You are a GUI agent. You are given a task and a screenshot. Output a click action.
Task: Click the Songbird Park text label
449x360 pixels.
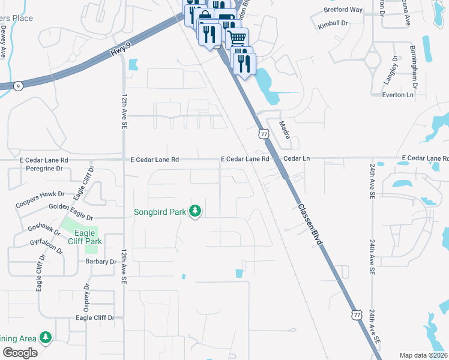160,211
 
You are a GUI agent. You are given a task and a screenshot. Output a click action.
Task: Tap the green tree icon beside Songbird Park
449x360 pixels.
194,211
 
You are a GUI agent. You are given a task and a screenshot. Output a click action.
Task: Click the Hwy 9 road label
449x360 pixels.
120,53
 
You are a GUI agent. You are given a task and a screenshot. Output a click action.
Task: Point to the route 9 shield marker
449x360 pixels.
19,86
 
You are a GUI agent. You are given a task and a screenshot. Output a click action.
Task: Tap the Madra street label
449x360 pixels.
285,130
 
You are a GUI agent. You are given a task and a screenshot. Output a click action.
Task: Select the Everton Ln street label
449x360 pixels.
399,95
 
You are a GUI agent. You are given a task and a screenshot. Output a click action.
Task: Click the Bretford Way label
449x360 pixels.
343,10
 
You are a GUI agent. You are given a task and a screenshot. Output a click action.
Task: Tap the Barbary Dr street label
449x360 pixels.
100,262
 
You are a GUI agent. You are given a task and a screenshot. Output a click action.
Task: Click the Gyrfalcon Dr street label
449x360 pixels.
46,247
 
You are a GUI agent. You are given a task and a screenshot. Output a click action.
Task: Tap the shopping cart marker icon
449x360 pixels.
237,37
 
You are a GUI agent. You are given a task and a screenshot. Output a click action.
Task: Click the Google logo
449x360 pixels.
20,353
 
